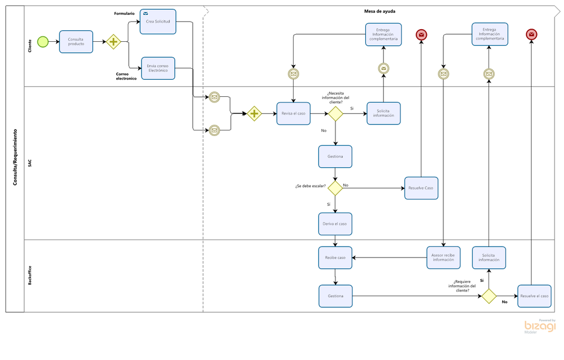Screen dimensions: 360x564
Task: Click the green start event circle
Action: (43, 42)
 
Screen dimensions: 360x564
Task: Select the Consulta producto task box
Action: (76, 42)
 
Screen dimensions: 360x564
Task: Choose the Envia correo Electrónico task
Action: (158, 68)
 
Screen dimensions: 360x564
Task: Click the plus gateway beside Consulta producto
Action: (113, 42)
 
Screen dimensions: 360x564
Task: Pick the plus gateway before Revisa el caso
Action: (254, 114)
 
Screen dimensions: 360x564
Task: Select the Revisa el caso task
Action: (293, 113)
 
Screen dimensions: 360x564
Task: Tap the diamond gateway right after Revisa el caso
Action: (336, 114)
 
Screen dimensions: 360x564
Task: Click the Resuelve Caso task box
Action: (421, 188)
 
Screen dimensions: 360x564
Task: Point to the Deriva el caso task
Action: (335, 224)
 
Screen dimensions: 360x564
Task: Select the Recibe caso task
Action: (335, 258)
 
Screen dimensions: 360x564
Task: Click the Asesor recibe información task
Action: (443, 258)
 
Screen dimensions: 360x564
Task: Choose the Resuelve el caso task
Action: (534, 296)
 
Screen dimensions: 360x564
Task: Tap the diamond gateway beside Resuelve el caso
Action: (489, 296)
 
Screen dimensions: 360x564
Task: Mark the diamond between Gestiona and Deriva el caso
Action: (335, 188)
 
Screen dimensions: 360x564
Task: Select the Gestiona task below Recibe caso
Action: (335, 296)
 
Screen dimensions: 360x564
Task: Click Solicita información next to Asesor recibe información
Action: (489, 258)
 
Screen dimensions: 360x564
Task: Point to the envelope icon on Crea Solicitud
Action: (145, 13)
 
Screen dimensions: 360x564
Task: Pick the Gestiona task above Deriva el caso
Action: (335, 157)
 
